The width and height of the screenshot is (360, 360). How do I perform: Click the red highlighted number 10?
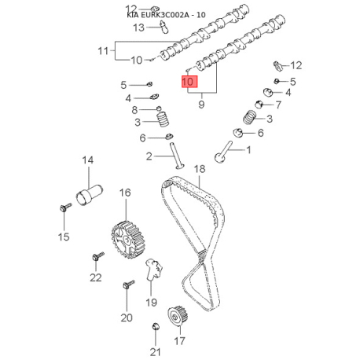click(189, 82)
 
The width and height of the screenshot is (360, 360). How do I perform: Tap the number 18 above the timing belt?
click(200, 169)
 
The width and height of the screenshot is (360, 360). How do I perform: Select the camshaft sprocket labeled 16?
click(128, 240)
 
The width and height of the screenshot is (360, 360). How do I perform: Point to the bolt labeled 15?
click(65, 208)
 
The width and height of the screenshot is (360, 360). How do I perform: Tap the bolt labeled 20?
click(129, 285)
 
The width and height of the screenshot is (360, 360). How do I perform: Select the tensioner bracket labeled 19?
click(153, 270)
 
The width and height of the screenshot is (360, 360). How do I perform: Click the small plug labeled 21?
click(156, 327)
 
